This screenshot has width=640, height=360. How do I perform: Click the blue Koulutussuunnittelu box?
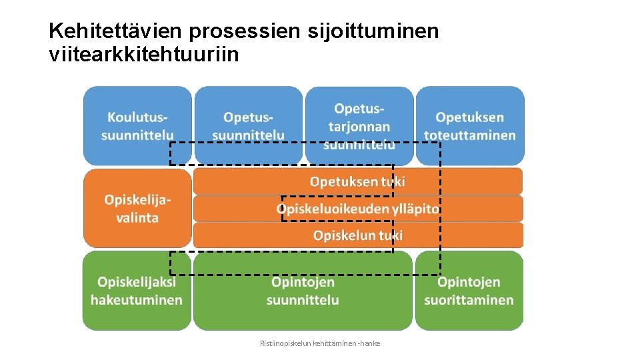(x=137, y=125)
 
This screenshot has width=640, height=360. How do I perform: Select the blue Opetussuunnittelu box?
(x=248, y=125)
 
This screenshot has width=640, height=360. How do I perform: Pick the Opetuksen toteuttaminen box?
(x=470, y=125)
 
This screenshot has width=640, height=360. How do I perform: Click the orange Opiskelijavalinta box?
(x=137, y=208)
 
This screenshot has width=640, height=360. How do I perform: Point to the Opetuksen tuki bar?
(x=358, y=181)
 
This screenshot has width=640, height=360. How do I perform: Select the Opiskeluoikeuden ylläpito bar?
(x=358, y=209)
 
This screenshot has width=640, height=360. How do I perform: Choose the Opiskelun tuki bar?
(x=358, y=235)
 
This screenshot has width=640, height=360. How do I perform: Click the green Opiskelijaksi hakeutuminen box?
(x=137, y=291)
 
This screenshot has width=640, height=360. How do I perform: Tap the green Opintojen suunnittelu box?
(x=303, y=291)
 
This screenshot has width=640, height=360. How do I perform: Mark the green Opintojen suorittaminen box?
(x=469, y=291)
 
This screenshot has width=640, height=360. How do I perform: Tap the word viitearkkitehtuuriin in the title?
(x=143, y=54)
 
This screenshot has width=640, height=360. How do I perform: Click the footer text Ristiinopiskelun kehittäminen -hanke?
(x=320, y=343)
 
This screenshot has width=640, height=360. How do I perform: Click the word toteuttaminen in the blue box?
(x=470, y=135)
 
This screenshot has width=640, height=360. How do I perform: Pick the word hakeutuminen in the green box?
(x=137, y=300)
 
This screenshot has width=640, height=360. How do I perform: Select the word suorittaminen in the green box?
(x=469, y=300)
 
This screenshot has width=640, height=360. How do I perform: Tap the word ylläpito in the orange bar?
(x=415, y=209)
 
